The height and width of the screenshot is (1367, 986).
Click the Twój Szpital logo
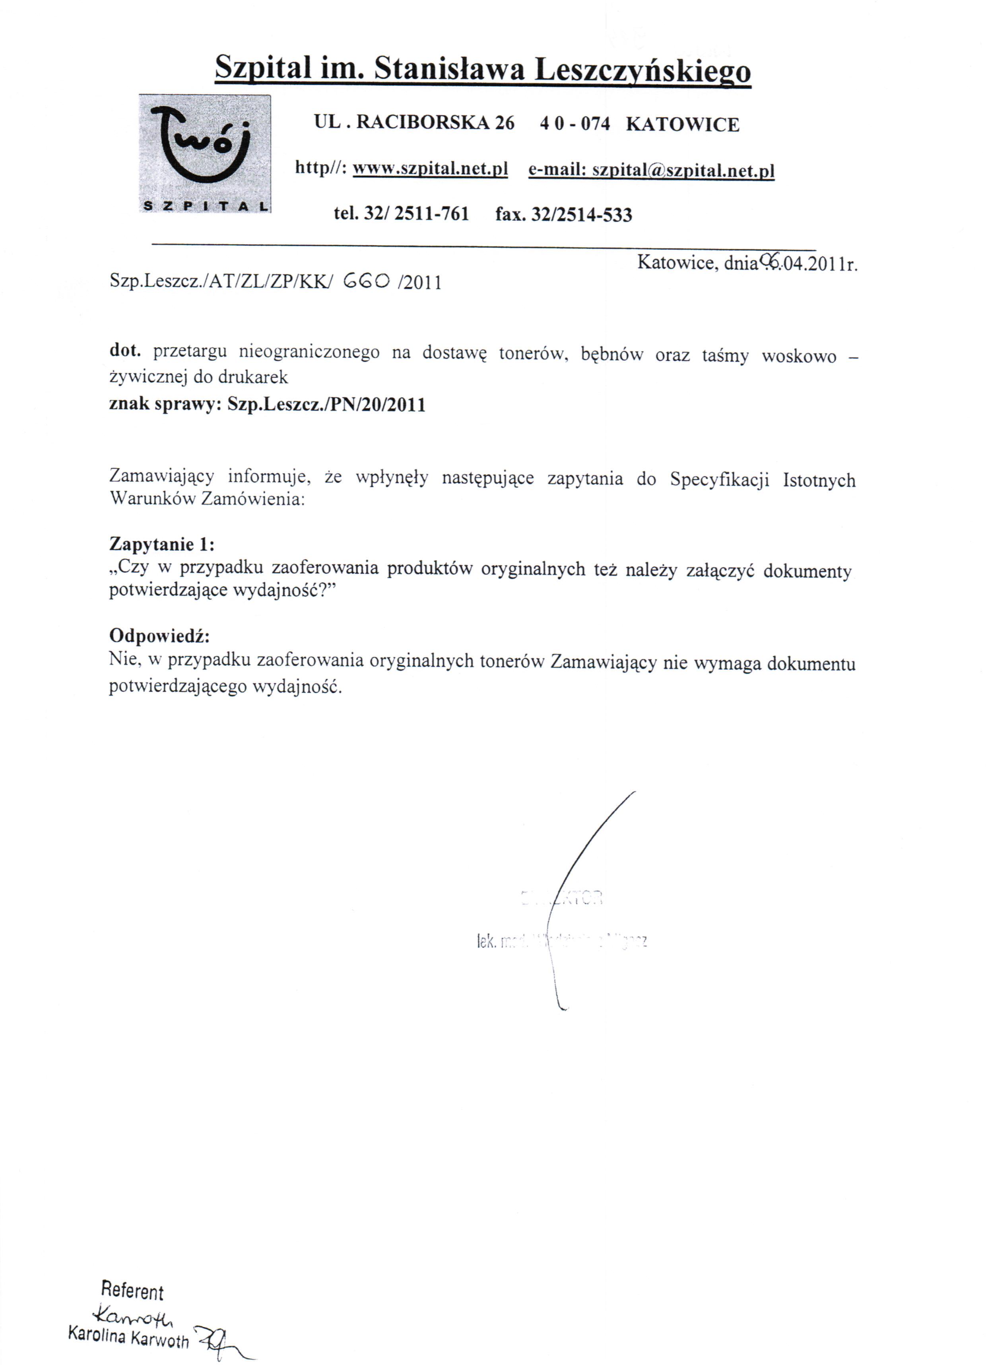tap(204, 153)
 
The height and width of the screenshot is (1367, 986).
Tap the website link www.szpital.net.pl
tap(430, 168)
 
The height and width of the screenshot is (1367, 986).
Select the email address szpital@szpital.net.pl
tap(683, 171)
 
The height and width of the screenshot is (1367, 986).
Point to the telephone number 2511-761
tap(431, 214)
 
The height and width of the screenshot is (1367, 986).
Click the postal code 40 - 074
tap(575, 124)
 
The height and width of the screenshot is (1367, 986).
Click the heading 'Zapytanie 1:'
tap(161, 544)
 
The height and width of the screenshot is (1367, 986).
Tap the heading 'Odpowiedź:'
tap(159, 636)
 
